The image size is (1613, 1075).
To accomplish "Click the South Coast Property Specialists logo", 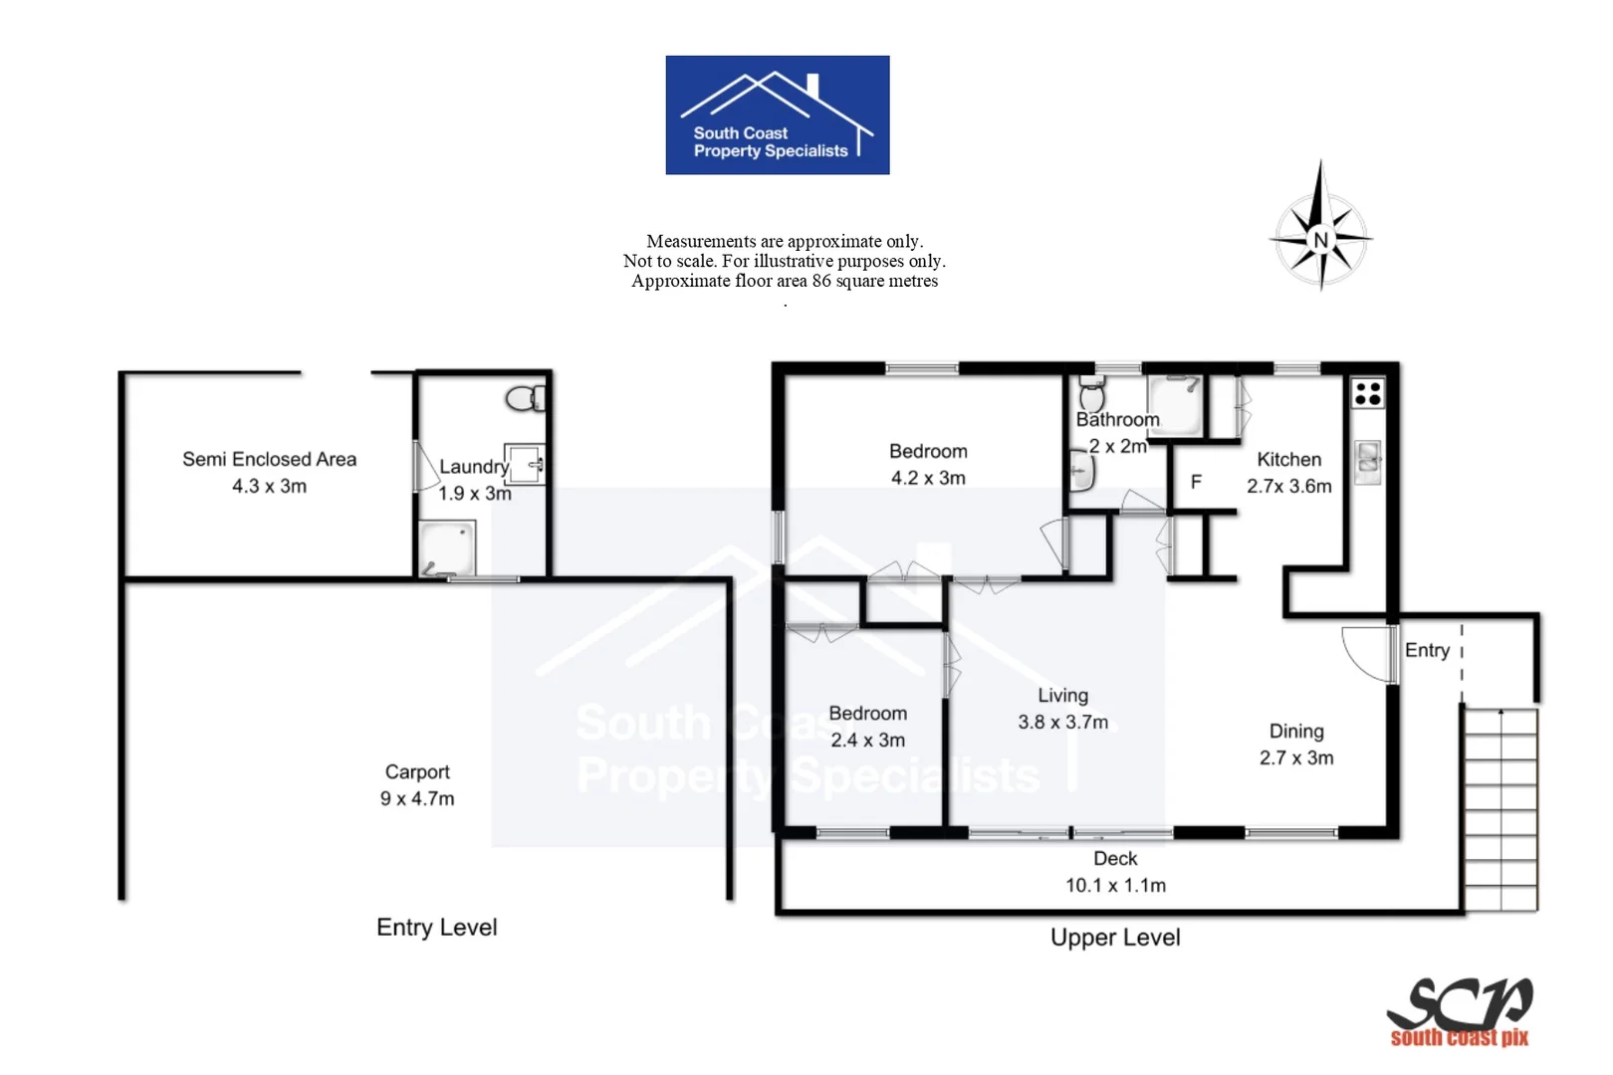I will coord(777,114).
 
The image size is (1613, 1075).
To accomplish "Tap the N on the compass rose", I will coord(1320,240).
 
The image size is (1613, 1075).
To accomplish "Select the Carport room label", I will coord(417,771).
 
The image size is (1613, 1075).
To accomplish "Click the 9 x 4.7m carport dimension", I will coord(417,798).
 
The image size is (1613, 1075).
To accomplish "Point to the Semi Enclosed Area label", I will coord(269,459).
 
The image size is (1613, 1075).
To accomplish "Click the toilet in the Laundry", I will coord(525,399).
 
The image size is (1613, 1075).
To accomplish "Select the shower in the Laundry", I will coord(446,548).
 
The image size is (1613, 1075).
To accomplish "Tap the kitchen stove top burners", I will coord(1368,393).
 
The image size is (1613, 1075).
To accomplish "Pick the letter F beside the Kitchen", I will coord(1196,482).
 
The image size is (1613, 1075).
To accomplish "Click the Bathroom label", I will coord(1117,420).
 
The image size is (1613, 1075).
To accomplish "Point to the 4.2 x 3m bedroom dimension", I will coord(928,478).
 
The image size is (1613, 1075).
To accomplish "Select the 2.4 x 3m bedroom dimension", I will coord(867,740).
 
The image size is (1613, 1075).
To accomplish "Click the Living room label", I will coord(1062,696).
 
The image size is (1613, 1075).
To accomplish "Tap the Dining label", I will coord(1295,731).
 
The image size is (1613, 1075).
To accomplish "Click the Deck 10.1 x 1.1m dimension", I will coord(1115,885).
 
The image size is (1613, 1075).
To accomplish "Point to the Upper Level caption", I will coord(1115,938).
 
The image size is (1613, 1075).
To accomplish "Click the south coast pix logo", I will coord(1460,1011).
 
